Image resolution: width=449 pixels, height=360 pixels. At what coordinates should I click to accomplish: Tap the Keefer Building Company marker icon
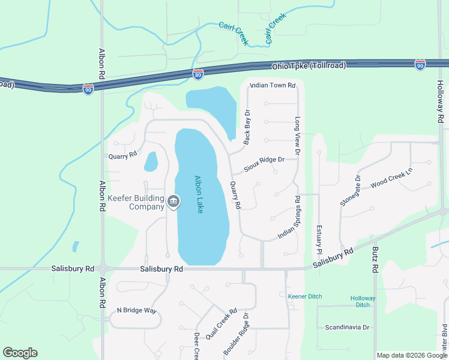[x=173, y=201]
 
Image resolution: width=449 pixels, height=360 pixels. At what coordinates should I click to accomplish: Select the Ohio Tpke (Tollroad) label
[x=309, y=65]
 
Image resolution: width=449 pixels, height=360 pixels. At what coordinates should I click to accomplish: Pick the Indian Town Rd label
[x=273, y=86]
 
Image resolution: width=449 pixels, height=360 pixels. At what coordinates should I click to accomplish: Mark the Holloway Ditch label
[x=363, y=301]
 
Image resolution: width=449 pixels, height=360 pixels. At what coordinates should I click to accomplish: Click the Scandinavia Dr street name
[x=347, y=328]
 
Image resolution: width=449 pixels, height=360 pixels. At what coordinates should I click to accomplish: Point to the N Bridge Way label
[x=136, y=310]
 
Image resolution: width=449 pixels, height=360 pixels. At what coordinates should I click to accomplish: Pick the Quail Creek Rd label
[x=221, y=325]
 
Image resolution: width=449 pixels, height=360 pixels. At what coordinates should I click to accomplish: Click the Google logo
[x=20, y=353]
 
